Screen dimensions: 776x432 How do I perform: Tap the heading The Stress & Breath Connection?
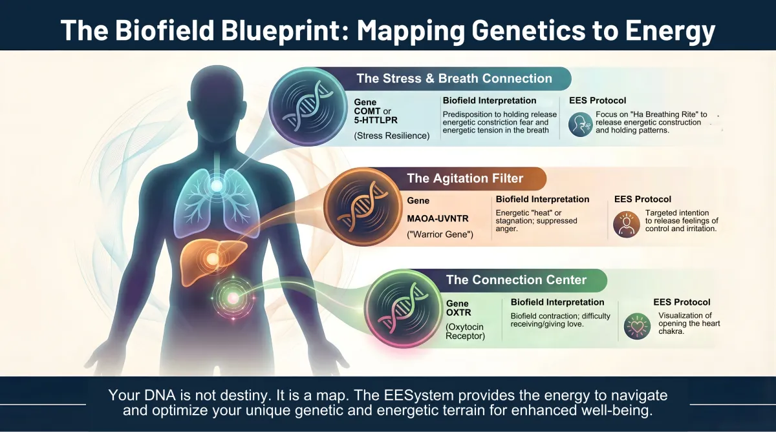[454, 79]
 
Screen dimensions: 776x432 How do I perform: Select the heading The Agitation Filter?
[465, 178]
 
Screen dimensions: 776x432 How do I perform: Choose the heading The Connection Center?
[516, 280]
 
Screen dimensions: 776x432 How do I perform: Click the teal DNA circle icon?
[308, 106]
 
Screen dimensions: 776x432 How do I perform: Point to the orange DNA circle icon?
[363, 207]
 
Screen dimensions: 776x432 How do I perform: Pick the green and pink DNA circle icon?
[404, 309]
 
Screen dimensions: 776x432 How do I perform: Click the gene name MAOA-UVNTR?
[438, 219]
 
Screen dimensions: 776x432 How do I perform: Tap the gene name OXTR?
[458, 313]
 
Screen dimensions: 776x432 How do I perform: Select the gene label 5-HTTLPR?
[376, 120]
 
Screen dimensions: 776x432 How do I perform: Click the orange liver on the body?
[212, 261]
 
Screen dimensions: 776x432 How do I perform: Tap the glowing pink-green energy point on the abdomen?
[233, 298]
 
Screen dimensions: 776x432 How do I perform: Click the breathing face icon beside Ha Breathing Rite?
[580, 124]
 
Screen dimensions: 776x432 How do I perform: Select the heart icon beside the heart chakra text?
[637, 326]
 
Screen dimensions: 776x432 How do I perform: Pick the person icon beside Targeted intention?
[626, 225]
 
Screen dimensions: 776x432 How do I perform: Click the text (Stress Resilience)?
[391, 136]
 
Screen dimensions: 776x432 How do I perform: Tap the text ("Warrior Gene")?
[440, 234]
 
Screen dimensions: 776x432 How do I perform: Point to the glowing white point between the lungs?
[217, 186]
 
